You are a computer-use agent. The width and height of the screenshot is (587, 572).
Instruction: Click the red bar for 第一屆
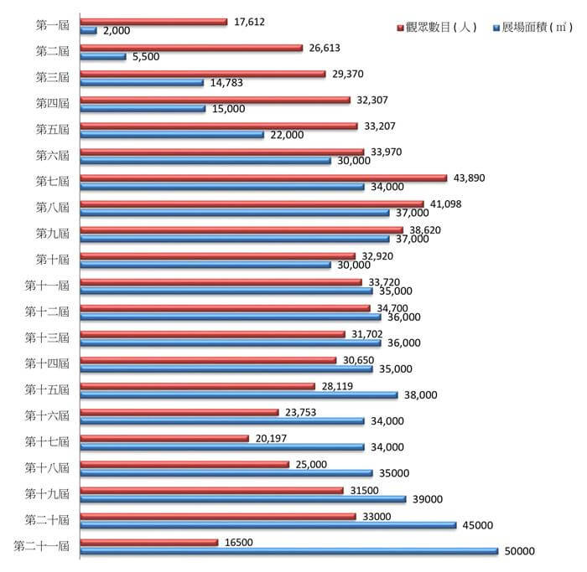coord(153,22)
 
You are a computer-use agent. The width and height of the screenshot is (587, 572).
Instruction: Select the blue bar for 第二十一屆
coord(289,551)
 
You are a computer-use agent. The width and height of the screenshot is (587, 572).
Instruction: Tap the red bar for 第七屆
coord(264,178)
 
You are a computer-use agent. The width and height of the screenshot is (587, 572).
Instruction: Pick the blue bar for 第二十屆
coord(268,525)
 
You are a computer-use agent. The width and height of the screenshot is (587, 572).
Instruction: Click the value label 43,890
coord(469,178)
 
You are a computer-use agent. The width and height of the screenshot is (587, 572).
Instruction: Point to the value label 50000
coord(519,551)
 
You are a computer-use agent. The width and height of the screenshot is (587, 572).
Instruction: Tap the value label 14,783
coord(226,83)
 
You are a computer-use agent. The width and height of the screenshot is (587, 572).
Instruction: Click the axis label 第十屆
coord(52,259)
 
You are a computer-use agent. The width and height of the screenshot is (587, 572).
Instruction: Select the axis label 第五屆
coord(52,129)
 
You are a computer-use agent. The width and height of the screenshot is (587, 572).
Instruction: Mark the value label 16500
coord(238,542)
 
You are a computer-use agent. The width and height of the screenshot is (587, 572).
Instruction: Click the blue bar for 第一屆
coord(89,31)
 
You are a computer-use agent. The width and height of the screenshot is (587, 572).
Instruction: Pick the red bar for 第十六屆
coord(179,412)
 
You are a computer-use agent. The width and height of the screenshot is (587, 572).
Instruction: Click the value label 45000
coord(477,525)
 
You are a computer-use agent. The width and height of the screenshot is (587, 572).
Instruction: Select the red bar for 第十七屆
coord(165,438)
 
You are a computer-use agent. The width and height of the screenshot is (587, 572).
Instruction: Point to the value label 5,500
coord(146,57)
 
